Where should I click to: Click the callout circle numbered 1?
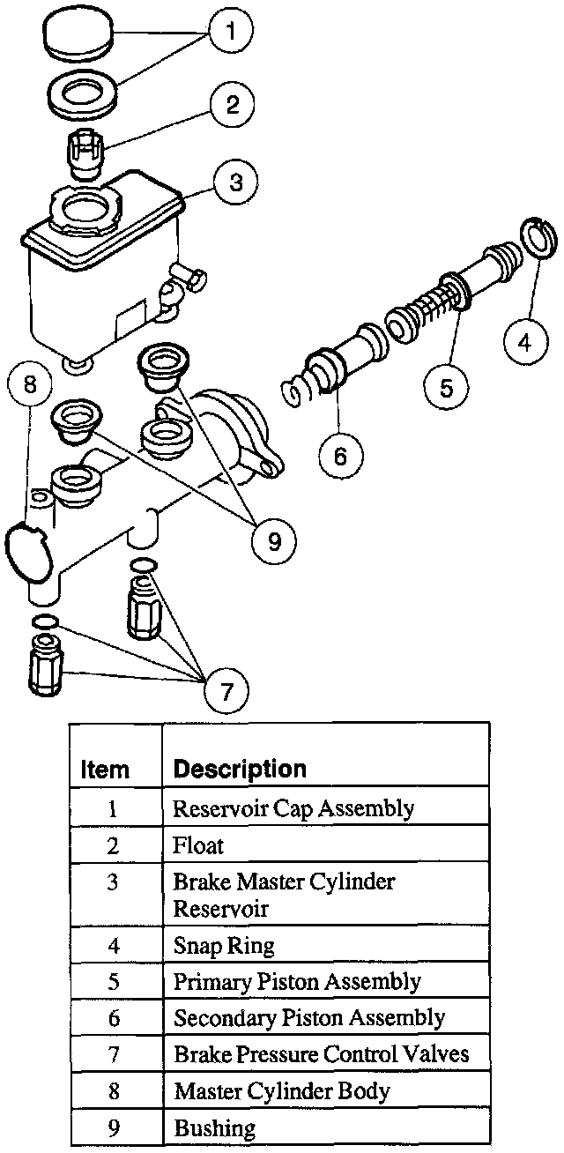231,33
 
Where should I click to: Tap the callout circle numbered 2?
233,106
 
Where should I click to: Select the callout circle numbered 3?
235,183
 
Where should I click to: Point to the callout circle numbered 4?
524,341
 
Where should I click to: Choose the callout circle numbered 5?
447,388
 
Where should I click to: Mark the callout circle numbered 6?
341,455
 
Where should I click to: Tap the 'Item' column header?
105,769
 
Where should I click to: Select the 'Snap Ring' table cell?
224,946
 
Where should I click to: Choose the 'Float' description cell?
198,845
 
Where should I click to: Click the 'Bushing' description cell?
214,1127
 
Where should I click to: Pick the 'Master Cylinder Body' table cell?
281,1091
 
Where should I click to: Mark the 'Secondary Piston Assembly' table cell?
308,1018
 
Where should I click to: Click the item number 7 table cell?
114,1055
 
